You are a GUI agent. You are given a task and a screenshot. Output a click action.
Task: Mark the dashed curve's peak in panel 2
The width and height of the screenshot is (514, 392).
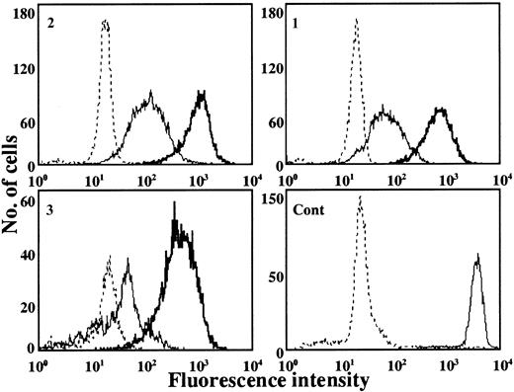[105, 20]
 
